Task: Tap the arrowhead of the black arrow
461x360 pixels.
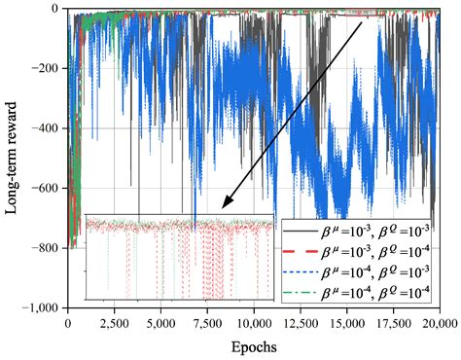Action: point(227,204)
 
